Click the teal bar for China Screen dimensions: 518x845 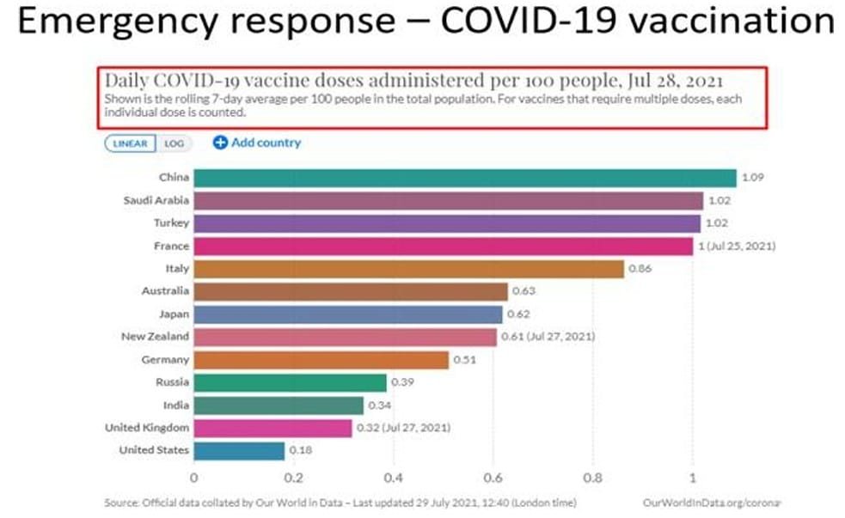(464, 178)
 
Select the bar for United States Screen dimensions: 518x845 (239, 450)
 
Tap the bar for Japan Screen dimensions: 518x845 (347, 314)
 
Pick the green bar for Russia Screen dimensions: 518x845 (290, 382)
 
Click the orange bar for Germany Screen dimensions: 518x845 (321, 360)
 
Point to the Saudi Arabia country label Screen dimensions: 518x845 (156, 200)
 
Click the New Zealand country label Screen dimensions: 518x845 (155, 337)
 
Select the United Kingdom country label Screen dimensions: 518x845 (147, 428)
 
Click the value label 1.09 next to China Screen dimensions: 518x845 (752, 178)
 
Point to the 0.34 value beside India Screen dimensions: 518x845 (379, 405)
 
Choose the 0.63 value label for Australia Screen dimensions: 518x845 (524, 291)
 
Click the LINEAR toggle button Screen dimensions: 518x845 (130, 143)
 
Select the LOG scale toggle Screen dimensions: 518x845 (174, 143)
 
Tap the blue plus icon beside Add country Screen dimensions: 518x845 (219, 143)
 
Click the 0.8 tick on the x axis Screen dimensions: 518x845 (592, 478)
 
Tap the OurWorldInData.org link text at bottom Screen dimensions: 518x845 (710, 502)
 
